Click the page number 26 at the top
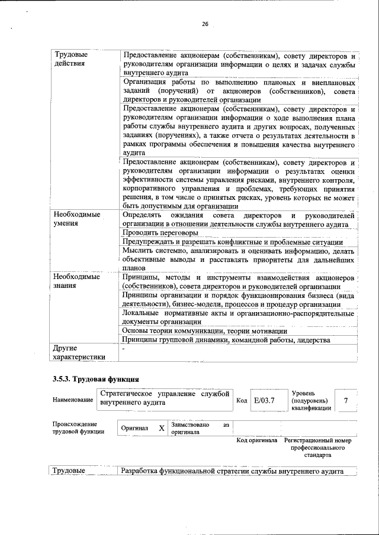pyautogui.click(x=205, y=24)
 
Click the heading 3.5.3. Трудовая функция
pyautogui.click(x=95, y=378)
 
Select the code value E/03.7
pyautogui.click(x=264, y=401)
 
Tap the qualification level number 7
pyautogui.click(x=345, y=401)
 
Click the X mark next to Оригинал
pyautogui.click(x=161, y=428)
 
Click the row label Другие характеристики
pyautogui.click(x=78, y=352)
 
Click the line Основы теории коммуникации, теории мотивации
pyautogui.click(x=204, y=331)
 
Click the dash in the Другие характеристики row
pyautogui.click(x=123, y=349)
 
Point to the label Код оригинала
pyautogui.click(x=257, y=440)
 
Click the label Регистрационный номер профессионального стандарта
pyautogui.click(x=317, y=448)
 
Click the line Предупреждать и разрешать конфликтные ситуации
pyautogui.click(x=232, y=242)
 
